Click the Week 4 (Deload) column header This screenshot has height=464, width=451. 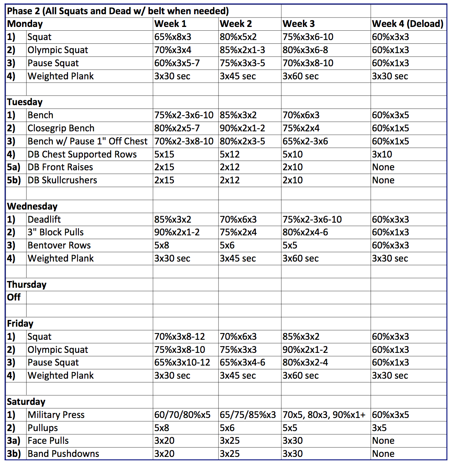coord(407,24)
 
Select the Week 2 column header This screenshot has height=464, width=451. coord(236,24)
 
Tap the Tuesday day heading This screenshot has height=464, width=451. coord(25,102)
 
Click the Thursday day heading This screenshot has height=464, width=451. coord(27,284)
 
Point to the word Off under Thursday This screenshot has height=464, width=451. coord(14,297)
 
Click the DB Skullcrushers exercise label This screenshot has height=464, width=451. coord(62,180)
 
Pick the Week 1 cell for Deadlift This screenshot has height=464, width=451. coord(173,219)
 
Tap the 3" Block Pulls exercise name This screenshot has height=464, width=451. coord(56,232)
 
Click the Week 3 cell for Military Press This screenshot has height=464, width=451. coord(324,415)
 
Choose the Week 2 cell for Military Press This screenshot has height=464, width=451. coord(248,415)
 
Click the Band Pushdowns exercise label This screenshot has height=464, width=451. coord(63,454)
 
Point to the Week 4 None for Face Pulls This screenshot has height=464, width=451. coord(383,441)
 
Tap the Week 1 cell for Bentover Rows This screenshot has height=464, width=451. coord(162,245)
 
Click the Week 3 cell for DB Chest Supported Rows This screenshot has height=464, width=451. coord(292,155)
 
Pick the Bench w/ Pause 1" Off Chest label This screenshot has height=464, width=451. coord(88,141)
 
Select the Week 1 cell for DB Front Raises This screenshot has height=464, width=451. coord(164,167)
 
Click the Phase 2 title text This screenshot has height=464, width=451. coord(118,11)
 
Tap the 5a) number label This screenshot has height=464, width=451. coord(13,167)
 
